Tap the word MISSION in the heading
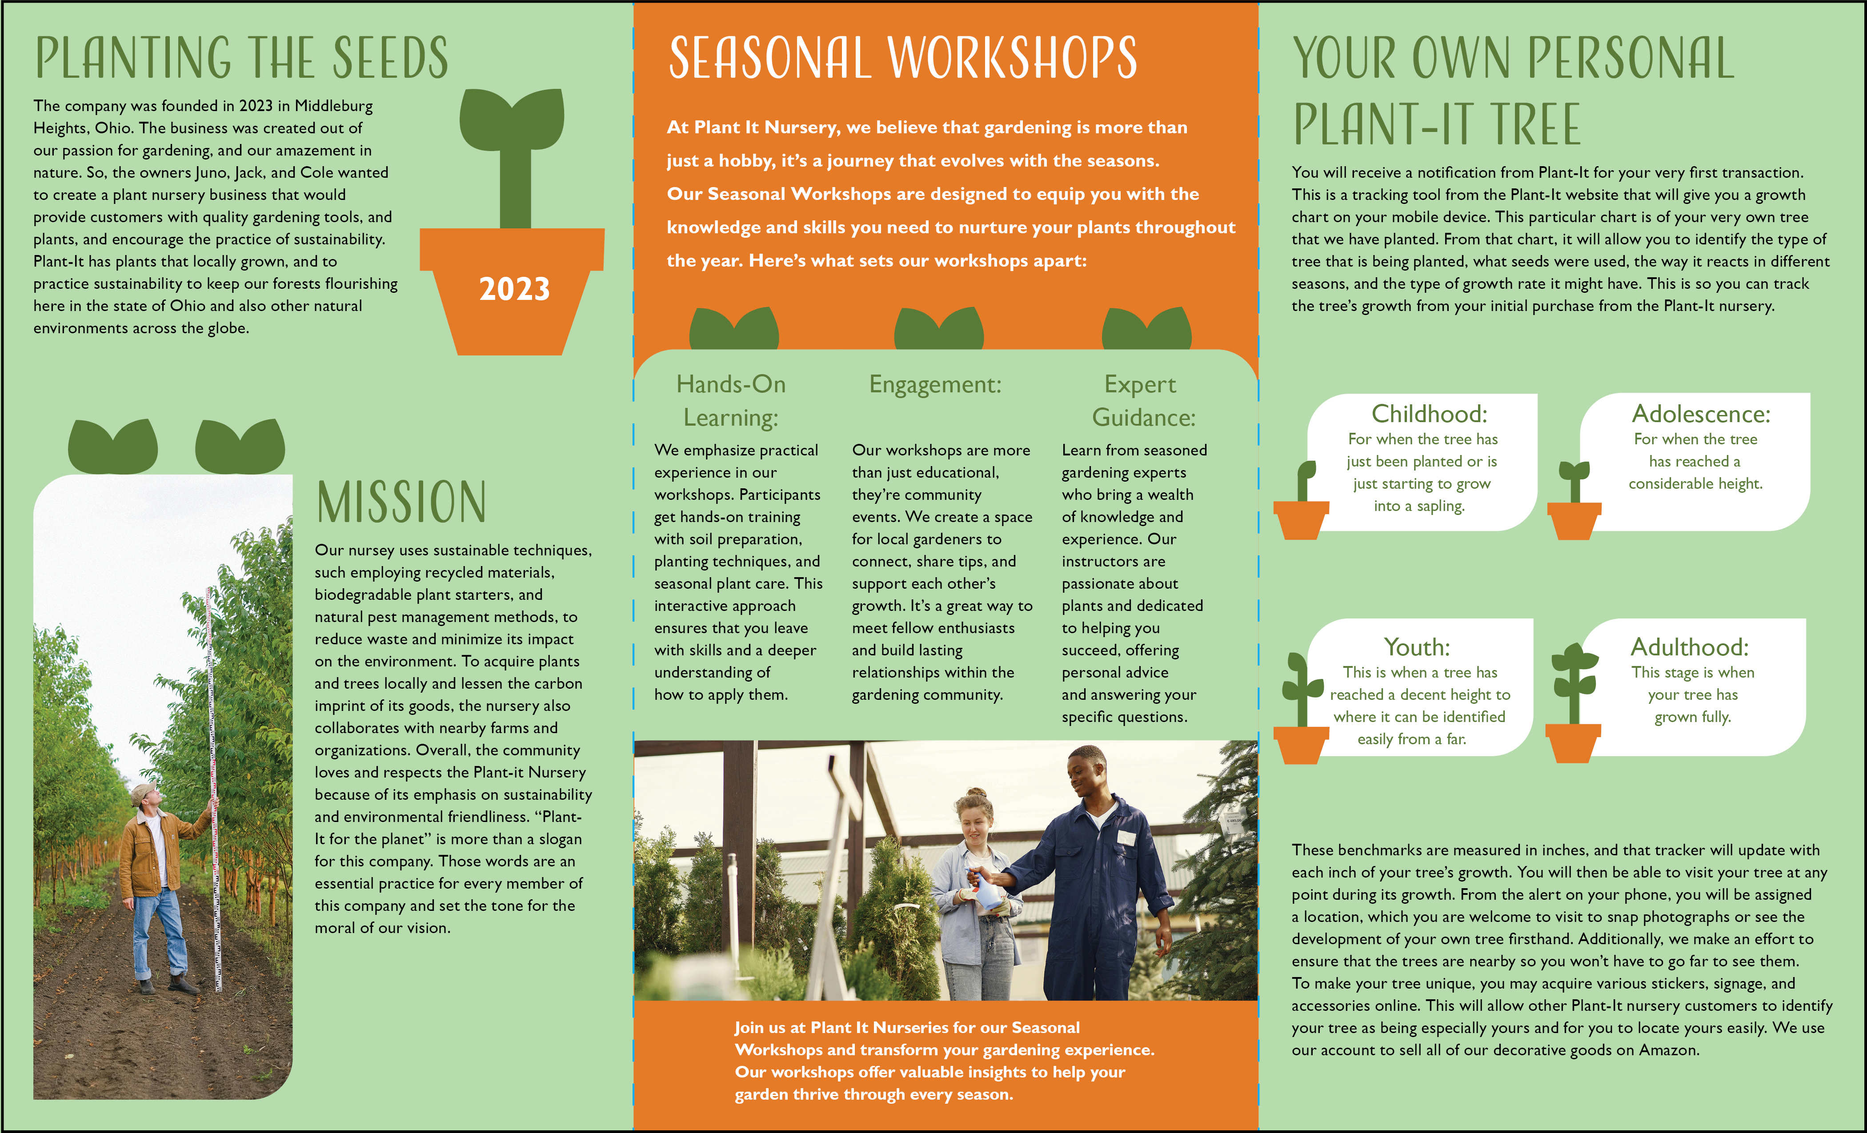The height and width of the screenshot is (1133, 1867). tap(401, 502)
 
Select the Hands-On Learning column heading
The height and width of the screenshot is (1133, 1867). tap(730, 401)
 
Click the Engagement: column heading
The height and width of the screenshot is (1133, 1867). tap(935, 385)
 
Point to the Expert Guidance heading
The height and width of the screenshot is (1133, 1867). tap(1142, 401)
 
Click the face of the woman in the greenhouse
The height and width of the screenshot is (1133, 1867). tap(973, 821)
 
